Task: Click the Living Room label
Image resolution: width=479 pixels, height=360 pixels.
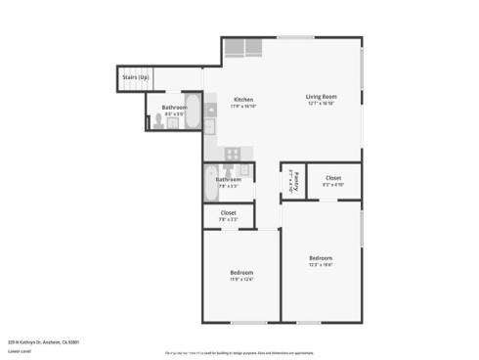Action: click(x=321, y=96)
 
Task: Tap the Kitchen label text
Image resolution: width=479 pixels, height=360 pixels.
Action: click(x=243, y=99)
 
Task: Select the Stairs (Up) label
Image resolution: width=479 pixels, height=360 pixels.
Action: click(x=136, y=76)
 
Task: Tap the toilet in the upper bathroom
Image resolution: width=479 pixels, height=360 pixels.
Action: click(x=159, y=122)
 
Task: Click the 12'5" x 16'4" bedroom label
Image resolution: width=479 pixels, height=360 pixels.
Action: click(x=321, y=258)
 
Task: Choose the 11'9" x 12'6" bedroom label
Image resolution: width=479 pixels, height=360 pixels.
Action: click(x=241, y=272)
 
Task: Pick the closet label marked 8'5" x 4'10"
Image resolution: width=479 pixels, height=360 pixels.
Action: click(x=333, y=178)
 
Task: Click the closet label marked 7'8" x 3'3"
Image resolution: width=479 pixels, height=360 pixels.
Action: click(x=228, y=213)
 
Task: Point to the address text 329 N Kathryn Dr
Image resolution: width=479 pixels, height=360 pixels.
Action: click(x=43, y=342)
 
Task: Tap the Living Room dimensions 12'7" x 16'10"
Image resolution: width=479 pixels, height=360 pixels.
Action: click(x=321, y=104)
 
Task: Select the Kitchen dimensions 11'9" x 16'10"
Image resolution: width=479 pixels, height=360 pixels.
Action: click(x=243, y=107)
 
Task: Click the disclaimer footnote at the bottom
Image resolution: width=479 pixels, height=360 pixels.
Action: click(x=239, y=352)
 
